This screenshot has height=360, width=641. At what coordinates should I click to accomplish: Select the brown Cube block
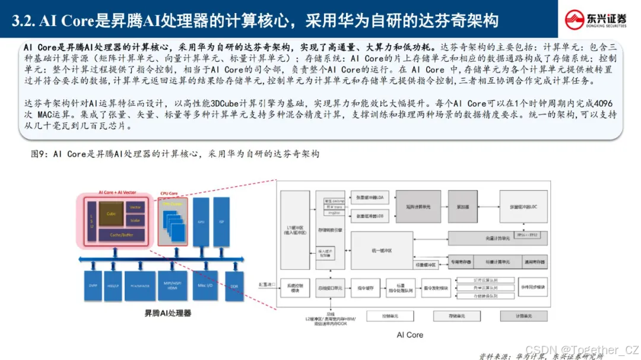(111, 214)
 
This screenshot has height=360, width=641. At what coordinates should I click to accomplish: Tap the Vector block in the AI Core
(135, 208)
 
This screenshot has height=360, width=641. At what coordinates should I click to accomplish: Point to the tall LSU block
(91, 221)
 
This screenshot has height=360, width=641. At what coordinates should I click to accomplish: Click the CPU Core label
(169, 193)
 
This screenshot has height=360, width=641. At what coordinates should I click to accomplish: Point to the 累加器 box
(462, 207)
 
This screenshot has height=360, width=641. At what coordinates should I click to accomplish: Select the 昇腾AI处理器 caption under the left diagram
(168, 312)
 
